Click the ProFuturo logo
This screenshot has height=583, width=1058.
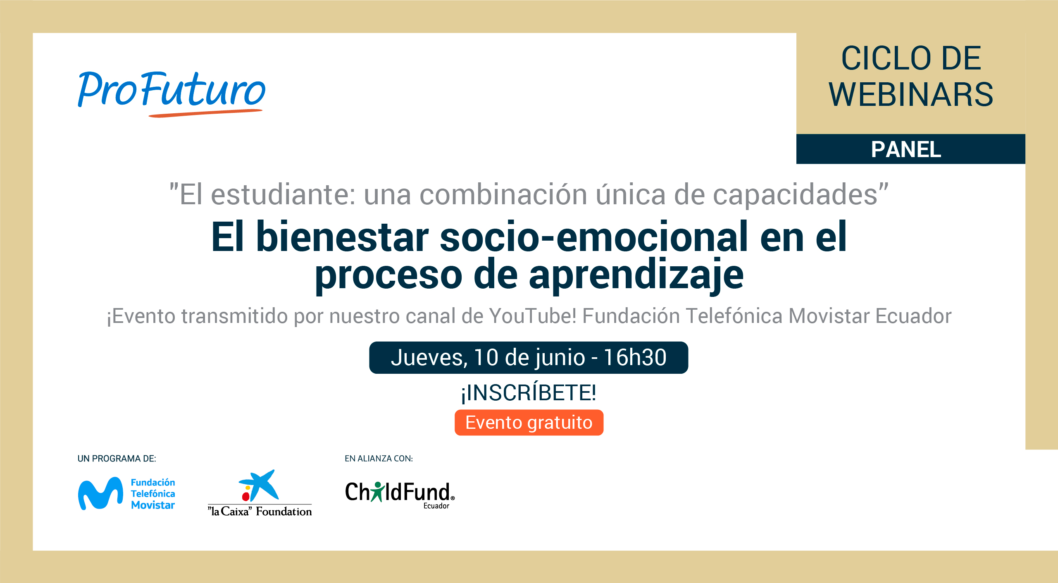pyautogui.click(x=172, y=93)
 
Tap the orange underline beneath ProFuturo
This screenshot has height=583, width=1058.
pyautogui.click(x=205, y=113)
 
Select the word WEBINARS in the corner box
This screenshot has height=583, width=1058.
pyautogui.click(x=911, y=95)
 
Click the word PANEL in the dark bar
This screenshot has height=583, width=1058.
pyautogui.click(x=906, y=149)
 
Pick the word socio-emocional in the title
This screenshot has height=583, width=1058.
pyautogui.click(x=594, y=237)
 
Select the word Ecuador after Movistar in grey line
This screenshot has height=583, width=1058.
pyautogui.click(x=913, y=316)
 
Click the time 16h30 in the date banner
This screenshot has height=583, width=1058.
pyautogui.click(x=635, y=357)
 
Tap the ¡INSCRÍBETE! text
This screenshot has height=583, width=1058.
pyautogui.click(x=529, y=392)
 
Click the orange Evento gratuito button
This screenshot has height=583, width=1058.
pyautogui.click(x=529, y=423)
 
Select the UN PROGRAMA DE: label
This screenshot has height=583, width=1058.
pyautogui.click(x=117, y=459)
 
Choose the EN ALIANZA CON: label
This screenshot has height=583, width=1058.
pyautogui.click(x=379, y=459)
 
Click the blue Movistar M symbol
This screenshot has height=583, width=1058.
pyautogui.click(x=100, y=494)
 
